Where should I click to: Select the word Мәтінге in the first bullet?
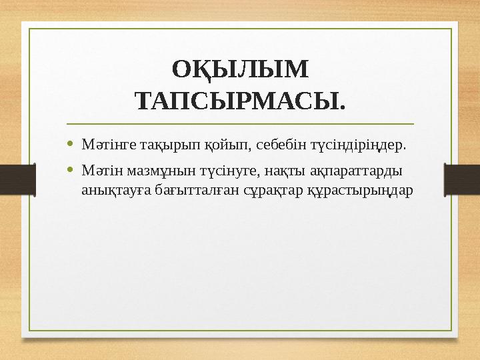[104, 144]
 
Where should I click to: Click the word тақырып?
[156, 144]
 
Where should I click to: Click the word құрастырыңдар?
[327, 190]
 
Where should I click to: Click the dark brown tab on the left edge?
[16, 181]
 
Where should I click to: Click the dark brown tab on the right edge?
[463, 181]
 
